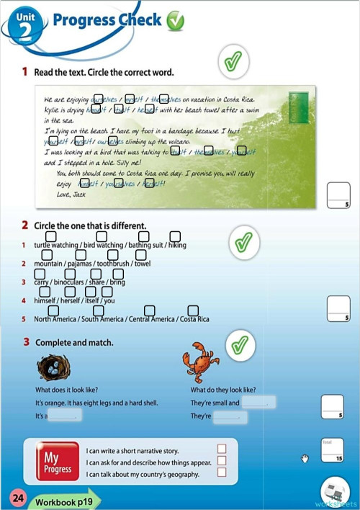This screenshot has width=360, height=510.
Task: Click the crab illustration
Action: tap(196, 358)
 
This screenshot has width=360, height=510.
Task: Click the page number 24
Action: tap(17, 498)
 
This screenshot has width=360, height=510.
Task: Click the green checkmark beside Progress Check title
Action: tap(175, 22)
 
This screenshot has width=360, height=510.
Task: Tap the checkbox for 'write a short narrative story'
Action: tap(222, 449)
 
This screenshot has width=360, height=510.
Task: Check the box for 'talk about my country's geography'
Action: tap(222, 473)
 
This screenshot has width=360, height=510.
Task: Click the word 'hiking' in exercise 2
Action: tap(177, 246)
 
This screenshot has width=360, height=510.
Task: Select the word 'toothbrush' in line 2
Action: tap(113, 264)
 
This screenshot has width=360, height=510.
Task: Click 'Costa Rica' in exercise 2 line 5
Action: tap(194, 319)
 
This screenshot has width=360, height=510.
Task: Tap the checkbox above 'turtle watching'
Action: tap(51, 236)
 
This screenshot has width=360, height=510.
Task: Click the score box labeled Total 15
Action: tap(332, 450)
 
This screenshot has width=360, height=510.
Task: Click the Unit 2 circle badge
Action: tap(24, 26)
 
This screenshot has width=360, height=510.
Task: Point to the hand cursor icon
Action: tap(305, 458)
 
